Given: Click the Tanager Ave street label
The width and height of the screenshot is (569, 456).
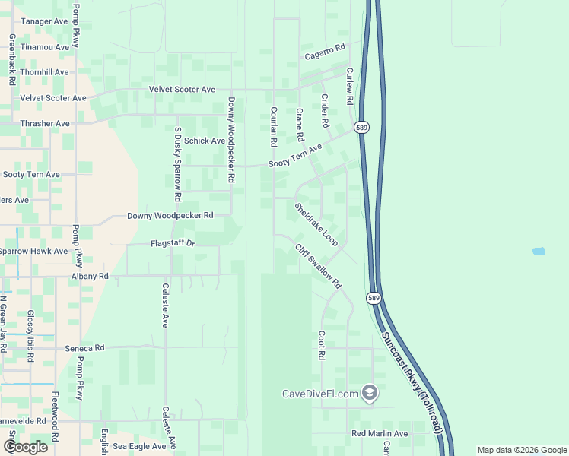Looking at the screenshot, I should [x=45, y=21].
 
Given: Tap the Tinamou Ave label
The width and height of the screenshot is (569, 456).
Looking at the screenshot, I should [x=45, y=47].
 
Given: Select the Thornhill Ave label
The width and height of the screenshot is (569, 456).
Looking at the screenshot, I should [x=45, y=73].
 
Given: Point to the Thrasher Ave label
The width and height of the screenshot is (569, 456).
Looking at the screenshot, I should [x=46, y=123].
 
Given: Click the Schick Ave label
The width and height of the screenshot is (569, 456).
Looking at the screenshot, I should [x=205, y=141].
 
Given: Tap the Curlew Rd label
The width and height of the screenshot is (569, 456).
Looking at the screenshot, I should [x=350, y=87].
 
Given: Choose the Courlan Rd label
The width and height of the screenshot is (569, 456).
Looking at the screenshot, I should [x=272, y=126].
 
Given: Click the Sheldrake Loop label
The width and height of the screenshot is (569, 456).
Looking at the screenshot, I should [x=316, y=223].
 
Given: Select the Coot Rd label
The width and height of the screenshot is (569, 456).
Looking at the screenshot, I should [x=322, y=345].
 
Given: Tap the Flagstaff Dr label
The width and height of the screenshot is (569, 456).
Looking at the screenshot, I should [x=173, y=244].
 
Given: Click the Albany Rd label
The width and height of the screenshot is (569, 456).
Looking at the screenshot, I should [x=90, y=277].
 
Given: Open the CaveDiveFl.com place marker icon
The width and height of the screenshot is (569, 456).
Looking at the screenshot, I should [x=370, y=393].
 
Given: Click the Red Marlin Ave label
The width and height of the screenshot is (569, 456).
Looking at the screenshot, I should [x=380, y=434].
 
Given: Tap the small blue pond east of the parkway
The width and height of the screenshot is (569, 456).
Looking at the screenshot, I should [x=539, y=251].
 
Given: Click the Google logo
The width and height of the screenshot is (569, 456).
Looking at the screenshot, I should [x=26, y=447].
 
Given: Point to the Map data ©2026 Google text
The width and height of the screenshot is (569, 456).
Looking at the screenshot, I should [x=521, y=450].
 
